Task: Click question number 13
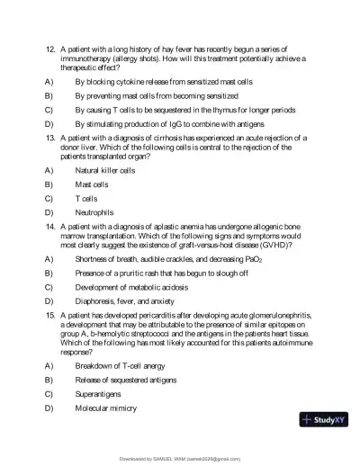tap(50, 138)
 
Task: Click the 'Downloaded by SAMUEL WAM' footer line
tap(180, 458)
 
